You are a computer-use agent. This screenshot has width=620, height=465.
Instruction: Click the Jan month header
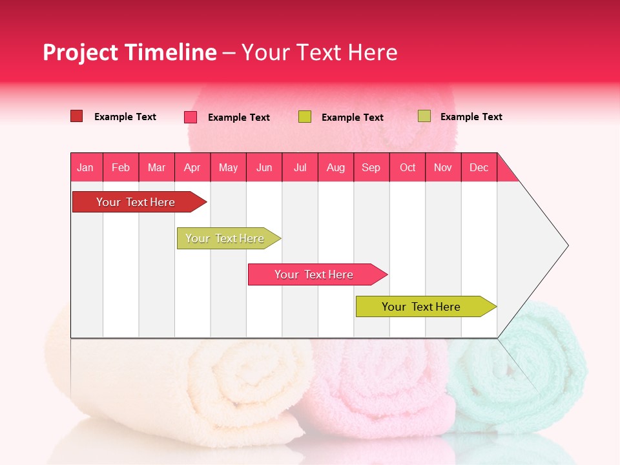pos(85,167)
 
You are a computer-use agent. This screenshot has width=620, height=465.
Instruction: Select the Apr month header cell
pos(192,167)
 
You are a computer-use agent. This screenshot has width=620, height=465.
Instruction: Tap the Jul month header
pos(300,167)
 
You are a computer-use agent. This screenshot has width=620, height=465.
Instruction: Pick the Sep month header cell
pos(371,167)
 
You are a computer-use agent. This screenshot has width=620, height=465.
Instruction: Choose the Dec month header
pos(479,167)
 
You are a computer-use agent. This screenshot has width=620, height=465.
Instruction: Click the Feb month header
pos(121,167)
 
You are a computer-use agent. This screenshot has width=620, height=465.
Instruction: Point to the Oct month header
pos(408,167)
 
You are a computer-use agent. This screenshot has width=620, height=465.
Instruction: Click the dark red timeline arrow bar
pos(136,202)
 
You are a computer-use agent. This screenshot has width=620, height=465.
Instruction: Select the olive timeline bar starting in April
pos(225,238)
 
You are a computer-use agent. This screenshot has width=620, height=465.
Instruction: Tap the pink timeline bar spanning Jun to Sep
pos(314,274)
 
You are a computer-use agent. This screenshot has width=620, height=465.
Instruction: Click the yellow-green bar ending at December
pos(421,307)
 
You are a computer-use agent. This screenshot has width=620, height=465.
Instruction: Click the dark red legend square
pos(76,116)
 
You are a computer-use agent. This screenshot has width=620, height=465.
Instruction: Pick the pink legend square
pos(191,117)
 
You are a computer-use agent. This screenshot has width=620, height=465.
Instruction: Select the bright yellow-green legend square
pos(305,117)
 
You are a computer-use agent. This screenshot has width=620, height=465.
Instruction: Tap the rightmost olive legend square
pos(424,116)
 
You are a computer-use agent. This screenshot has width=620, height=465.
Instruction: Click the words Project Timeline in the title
pos(129,52)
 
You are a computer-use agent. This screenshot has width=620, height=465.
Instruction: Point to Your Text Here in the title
pos(319,52)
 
